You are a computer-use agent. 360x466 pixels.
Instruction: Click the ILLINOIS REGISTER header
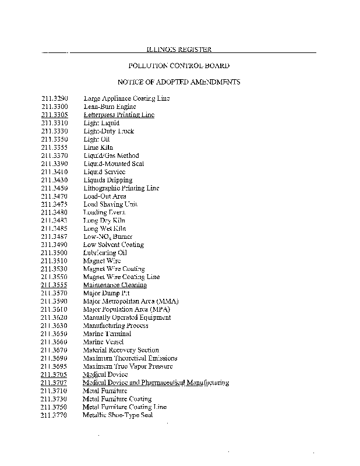pyautogui.click(x=179, y=50)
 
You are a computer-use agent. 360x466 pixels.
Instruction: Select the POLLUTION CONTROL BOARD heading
pyautogui.click(x=179, y=66)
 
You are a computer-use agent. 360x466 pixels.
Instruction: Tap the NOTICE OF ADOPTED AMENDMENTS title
pyautogui.click(x=179, y=82)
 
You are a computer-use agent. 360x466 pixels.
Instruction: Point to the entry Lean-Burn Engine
pyautogui.click(x=110, y=107)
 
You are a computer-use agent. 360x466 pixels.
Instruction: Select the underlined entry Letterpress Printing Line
pyautogui.click(x=119, y=115)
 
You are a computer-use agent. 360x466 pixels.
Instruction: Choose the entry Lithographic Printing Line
pyautogui.click(x=121, y=188)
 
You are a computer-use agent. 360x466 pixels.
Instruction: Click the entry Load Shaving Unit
pyautogui.click(x=111, y=204)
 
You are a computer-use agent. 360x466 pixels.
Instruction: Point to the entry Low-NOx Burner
pyautogui.click(x=108, y=236)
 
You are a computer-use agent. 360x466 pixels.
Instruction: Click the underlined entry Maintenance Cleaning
pyautogui.click(x=115, y=285)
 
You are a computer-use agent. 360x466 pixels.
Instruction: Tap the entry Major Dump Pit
pyautogui.click(x=106, y=293)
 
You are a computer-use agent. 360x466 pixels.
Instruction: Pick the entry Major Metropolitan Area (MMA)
pyautogui.click(x=130, y=301)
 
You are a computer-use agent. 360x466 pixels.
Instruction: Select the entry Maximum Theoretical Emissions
pyautogui.click(x=130, y=358)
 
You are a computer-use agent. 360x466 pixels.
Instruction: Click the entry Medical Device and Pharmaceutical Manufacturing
pyautogui.click(x=156, y=383)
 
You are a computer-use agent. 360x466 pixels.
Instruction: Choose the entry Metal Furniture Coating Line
pyautogui.click(x=125, y=407)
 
